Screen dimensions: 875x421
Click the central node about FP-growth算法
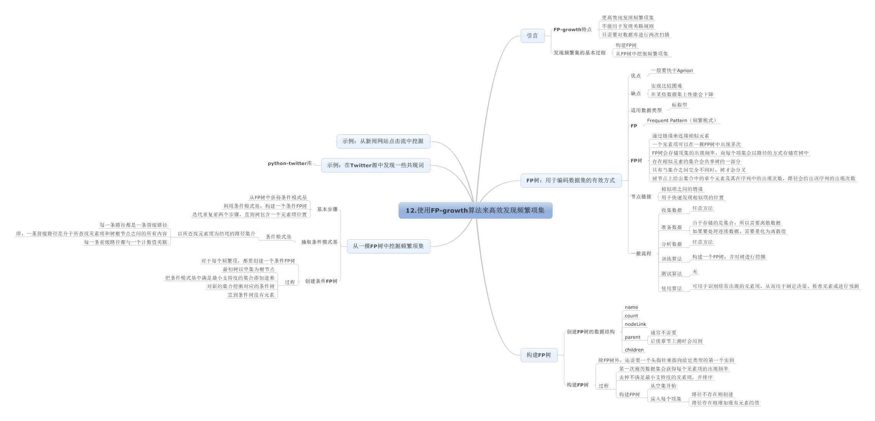[x=475, y=210]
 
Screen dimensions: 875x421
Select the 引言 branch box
[x=532, y=36]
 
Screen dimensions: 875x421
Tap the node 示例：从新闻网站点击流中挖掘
[x=383, y=141]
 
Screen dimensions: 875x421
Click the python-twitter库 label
[x=290, y=164]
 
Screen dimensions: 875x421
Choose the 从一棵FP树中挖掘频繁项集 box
[x=388, y=246]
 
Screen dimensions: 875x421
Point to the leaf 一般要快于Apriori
[x=672, y=71]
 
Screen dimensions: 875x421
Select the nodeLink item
[x=635, y=324]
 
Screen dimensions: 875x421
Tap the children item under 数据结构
[x=634, y=350]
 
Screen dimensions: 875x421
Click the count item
[x=631, y=316]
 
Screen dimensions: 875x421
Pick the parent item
[x=633, y=337]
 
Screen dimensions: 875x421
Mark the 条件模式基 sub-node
[x=278, y=237]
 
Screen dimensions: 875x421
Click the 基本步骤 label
[x=327, y=209]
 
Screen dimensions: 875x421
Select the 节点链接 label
[x=641, y=197]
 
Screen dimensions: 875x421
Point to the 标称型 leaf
[x=679, y=105]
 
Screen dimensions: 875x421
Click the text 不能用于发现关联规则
[x=628, y=26]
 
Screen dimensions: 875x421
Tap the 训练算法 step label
[x=671, y=259]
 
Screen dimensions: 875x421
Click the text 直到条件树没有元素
[x=251, y=295]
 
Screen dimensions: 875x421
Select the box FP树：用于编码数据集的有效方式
[x=571, y=181]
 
